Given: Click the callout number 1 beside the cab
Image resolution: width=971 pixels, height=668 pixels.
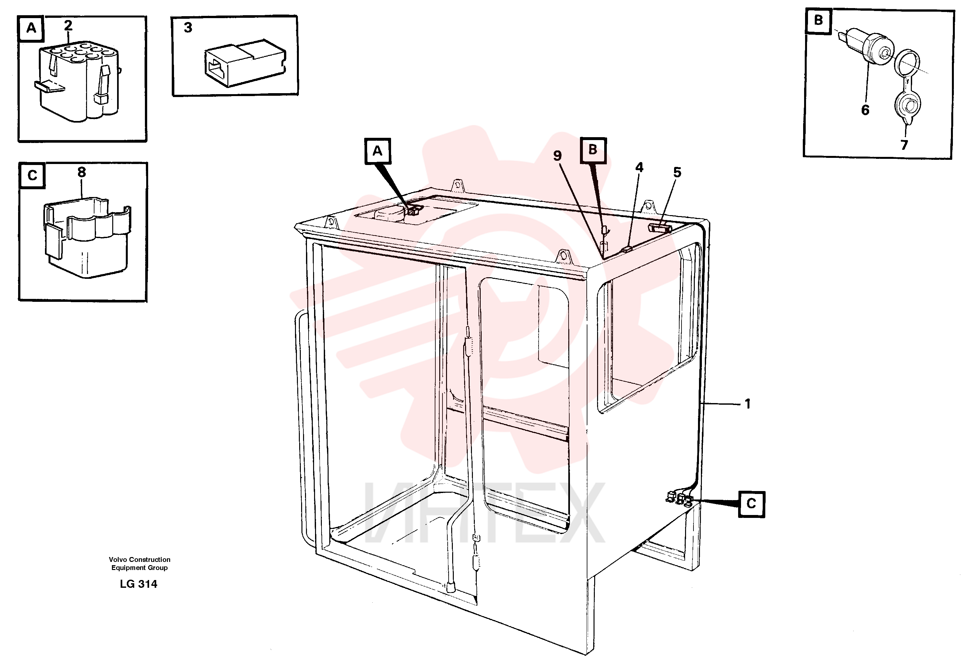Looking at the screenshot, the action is [747, 404].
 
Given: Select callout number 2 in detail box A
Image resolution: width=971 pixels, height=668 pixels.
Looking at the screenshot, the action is [68, 26].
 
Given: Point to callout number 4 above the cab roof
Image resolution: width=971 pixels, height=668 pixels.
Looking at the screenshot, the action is [639, 168].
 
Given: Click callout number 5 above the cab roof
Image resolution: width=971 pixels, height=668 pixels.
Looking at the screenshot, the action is [677, 172].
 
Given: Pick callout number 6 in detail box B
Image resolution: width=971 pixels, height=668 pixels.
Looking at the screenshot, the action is [866, 110].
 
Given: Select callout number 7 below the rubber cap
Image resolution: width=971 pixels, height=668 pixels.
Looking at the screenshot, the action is [904, 145].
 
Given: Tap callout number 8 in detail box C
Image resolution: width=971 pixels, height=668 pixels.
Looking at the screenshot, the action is [82, 172].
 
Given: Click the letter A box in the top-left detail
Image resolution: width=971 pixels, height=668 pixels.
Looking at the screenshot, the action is [31, 28].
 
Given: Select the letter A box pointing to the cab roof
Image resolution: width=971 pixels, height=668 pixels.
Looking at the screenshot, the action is [377, 151].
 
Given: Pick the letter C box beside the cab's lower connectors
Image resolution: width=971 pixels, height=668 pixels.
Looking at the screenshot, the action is [751, 504].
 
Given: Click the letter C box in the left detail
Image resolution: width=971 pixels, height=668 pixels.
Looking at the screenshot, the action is [32, 175].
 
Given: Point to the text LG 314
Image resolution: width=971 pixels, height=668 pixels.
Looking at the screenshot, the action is [138, 584].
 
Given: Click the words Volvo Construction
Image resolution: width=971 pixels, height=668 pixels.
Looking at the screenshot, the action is [139, 560].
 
